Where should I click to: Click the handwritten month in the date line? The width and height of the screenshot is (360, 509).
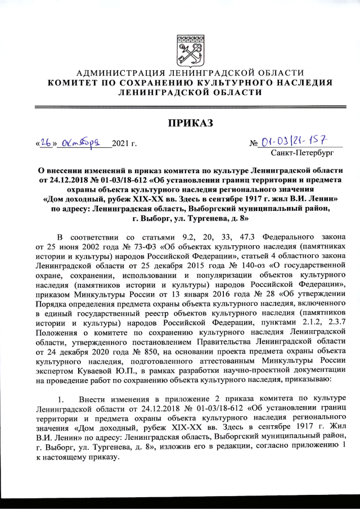click(x=82, y=143)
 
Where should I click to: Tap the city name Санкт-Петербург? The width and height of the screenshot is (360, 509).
click(x=302, y=152)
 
